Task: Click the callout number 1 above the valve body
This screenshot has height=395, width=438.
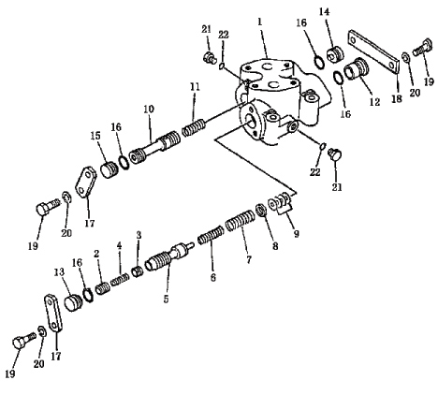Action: pos(260,22)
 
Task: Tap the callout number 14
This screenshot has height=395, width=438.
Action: pos(324,12)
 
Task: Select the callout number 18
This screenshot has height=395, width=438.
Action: pos(397,99)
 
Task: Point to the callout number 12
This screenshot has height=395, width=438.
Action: pos(374,102)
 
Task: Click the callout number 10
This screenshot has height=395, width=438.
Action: pos(149,110)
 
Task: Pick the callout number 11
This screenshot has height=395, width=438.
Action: pos(195,87)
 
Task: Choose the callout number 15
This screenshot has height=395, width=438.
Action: pos(95,136)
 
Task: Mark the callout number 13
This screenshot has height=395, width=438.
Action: pos(59,272)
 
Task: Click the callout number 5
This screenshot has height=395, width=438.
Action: pos(166,299)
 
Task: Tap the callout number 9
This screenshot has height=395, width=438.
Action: pos(297,233)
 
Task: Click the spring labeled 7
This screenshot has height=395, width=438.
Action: pos(241,221)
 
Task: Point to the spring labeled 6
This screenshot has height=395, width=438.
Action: pos(211,235)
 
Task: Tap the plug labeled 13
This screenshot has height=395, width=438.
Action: pos(73,302)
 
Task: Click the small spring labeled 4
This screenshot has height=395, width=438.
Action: pos(120,279)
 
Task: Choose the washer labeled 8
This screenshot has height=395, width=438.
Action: pos(261,210)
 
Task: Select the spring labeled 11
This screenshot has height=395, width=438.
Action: pos(194,127)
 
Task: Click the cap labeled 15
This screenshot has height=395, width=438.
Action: pos(109,169)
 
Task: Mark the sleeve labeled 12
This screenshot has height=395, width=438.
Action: pos(357,69)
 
